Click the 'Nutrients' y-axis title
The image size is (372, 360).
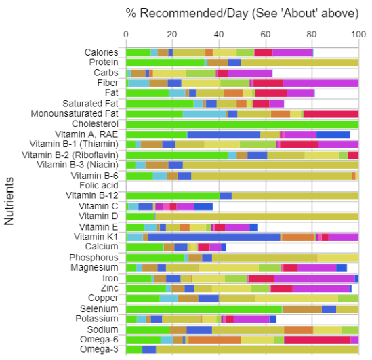9,201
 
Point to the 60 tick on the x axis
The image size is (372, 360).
265,35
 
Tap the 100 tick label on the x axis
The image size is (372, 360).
358,35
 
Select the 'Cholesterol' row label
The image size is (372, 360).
95,124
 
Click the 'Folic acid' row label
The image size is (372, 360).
99,185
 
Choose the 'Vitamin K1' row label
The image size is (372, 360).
96,237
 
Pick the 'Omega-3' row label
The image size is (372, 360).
99,349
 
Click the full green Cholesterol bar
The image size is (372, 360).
242,124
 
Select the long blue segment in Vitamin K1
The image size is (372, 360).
214,237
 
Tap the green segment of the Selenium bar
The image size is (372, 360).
204,309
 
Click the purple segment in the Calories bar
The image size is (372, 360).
293,53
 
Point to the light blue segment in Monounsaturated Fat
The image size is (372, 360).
204,114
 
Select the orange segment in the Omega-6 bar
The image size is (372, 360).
215,340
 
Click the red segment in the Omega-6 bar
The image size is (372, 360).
317,340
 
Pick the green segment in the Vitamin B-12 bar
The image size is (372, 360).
173,196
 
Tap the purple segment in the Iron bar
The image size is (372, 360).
314,279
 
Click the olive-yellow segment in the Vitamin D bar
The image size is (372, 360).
257,217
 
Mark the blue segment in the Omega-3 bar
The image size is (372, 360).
149,350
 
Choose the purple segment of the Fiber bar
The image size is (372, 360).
321,83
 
